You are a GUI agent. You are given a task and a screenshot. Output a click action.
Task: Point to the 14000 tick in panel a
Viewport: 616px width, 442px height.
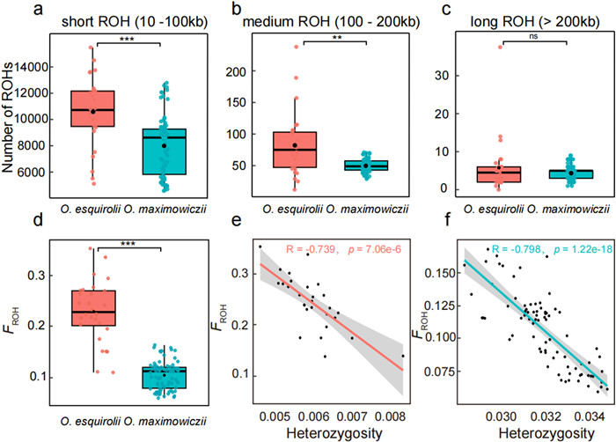tap(45, 66)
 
